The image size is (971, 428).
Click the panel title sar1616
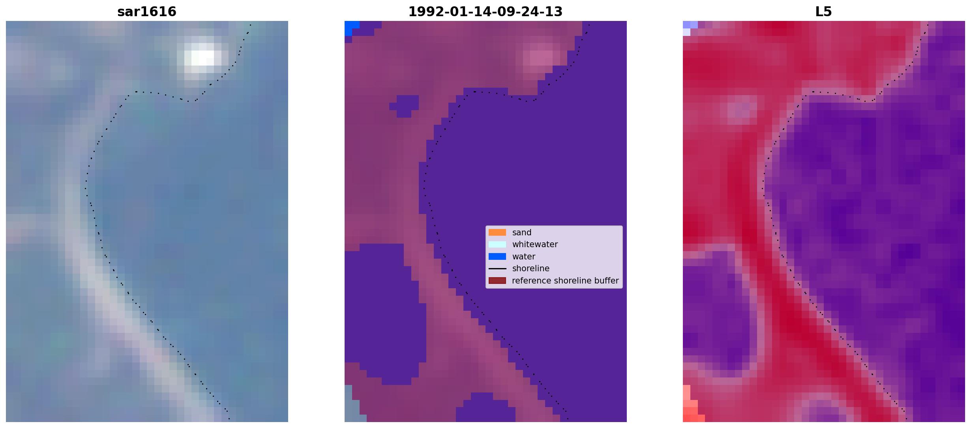[147, 12]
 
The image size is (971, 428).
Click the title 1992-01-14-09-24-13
[485, 12]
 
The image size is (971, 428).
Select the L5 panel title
[823, 12]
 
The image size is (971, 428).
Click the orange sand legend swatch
[497, 233]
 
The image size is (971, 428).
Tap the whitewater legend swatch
[497, 244]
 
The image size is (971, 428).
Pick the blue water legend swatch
[497, 257]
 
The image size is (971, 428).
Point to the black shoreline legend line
[497, 268]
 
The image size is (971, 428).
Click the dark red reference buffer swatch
[497, 281]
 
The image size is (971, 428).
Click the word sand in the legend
[522, 233]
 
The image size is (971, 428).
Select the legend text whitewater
[535, 244]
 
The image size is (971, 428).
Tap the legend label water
[524, 257]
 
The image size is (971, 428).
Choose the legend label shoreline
[530, 268]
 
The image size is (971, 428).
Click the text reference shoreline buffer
[565, 281]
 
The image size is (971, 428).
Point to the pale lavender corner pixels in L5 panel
[689, 28]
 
